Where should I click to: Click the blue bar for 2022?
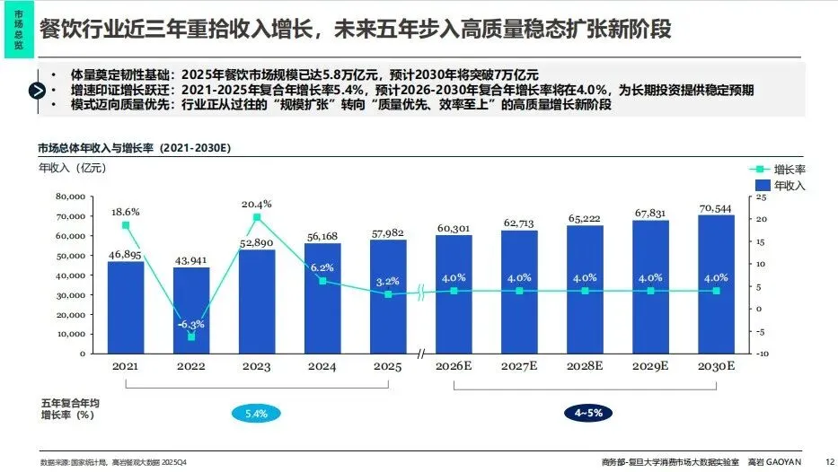pyautogui.click(x=191, y=310)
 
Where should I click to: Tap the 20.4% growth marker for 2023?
pyautogui.click(x=257, y=217)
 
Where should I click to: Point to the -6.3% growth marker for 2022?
pyautogui.click(x=191, y=337)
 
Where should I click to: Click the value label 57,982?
pyautogui.click(x=388, y=233)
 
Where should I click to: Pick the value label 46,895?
pyautogui.click(x=126, y=255)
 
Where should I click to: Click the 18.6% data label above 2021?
pyautogui.click(x=126, y=211)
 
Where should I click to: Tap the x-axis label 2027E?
pyautogui.click(x=519, y=366)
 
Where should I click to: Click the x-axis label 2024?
pyautogui.click(x=322, y=366)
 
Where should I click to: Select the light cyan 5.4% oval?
pyautogui.click(x=256, y=413)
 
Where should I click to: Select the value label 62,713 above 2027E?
pyautogui.click(x=519, y=223)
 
